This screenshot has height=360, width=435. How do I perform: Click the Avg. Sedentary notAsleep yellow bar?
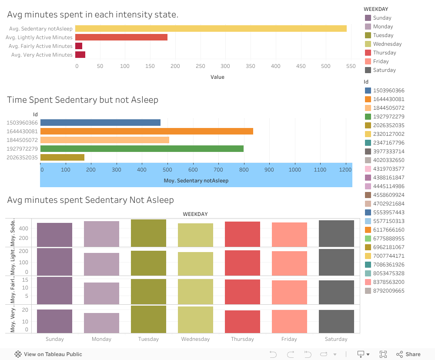click(x=211, y=29)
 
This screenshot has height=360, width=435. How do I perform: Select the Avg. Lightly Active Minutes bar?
click(x=121, y=37)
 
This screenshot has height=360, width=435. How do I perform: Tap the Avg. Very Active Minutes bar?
click(x=80, y=55)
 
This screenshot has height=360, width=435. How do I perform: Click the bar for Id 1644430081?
click(x=147, y=131)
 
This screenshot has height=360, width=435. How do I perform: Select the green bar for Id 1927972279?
click(x=142, y=148)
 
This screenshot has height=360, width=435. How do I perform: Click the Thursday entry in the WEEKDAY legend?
click(x=384, y=53)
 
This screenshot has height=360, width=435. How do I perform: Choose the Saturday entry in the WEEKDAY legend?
click(x=384, y=70)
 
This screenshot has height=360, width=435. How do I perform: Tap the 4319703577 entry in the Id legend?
click(x=388, y=169)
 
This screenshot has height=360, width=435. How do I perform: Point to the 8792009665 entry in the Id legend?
click(x=388, y=291)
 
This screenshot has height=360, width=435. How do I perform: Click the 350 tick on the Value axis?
click(x=251, y=66)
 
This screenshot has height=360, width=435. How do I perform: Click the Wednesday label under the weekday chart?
click(x=195, y=339)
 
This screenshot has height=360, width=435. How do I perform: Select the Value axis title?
click(x=217, y=77)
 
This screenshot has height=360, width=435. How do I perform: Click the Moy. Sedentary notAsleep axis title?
click(x=196, y=180)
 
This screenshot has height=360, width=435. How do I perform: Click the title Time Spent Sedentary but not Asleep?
click(x=83, y=100)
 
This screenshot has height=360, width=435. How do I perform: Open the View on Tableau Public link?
click(x=48, y=354)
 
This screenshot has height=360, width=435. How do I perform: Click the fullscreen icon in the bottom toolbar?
click(x=383, y=354)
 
